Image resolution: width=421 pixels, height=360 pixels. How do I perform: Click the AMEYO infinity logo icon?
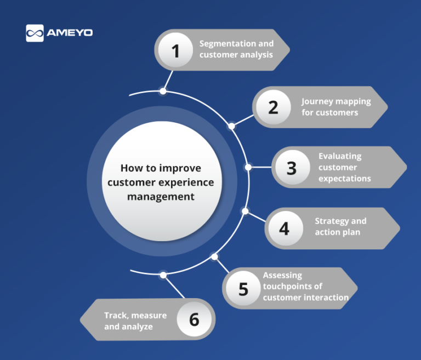tap(35, 33)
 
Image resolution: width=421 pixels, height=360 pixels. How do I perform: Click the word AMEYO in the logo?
tap(70, 33)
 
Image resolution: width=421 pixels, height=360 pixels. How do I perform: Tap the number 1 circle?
tap(175, 51)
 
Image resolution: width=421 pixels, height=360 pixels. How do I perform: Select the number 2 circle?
tap(273, 107)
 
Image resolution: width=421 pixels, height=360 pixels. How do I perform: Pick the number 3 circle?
tap(292, 167)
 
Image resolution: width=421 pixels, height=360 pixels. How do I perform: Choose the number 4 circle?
tap(284, 227)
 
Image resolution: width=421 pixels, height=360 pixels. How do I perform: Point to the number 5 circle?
tap(243, 288)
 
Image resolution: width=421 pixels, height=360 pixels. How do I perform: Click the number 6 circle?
tap(194, 319)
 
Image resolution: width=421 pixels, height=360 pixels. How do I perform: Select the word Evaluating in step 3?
tap(340, 156)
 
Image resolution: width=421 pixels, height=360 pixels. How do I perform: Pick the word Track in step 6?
tap(115, 315)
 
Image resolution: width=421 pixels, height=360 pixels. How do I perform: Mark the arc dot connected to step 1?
tap(162, 91)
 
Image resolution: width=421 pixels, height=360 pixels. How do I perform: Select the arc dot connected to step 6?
tap(162, 274)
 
